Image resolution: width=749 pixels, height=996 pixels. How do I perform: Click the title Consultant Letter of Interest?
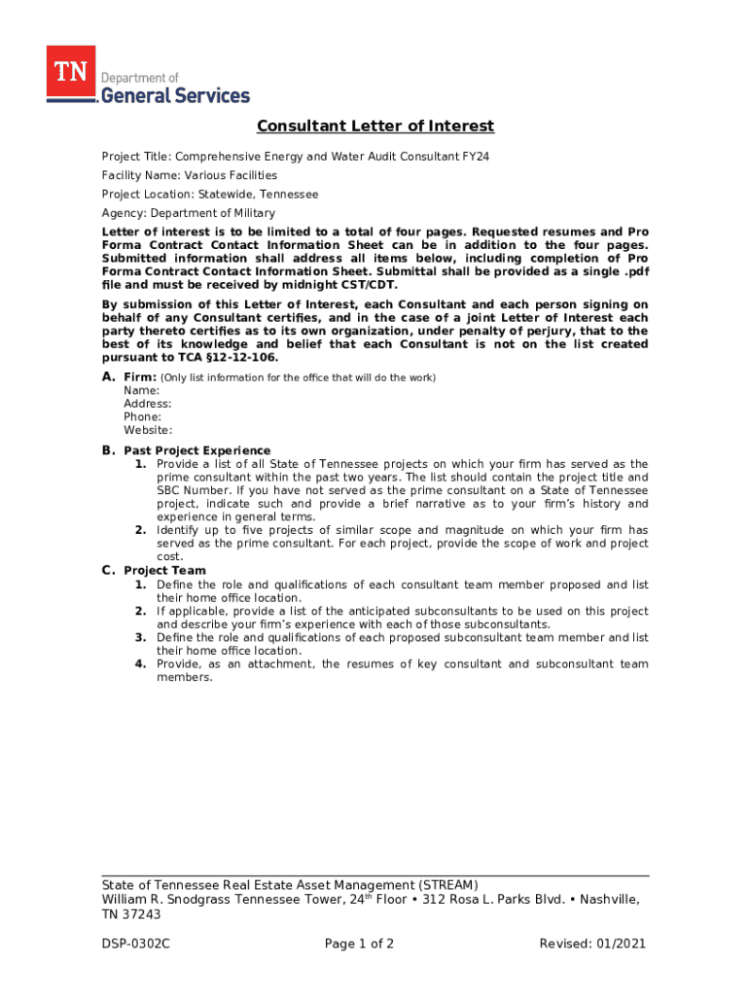coord(375,126)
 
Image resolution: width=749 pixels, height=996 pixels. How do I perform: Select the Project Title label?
coord(135,157)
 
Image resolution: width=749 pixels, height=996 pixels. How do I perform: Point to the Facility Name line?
coord(190,175)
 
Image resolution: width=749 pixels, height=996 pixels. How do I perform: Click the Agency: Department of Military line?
coord(189,213)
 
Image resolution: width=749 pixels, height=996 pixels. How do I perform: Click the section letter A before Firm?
coord(109,377)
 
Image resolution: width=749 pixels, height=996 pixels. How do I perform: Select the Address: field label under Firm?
coord(148,404)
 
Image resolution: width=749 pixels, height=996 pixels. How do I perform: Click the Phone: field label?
coord(143,416)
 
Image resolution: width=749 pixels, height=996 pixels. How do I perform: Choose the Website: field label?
coord(148,430)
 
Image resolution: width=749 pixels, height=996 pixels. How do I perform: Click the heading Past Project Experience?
coord(197,451)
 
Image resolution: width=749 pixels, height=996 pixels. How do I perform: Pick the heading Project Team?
coord(164,571)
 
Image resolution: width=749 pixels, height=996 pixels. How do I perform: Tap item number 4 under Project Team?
coord(141,664)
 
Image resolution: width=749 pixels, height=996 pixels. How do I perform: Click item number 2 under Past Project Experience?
coord(141,530)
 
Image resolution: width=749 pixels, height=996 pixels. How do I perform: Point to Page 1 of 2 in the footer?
coord(359,943)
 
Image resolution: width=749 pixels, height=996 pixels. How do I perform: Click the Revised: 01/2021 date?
coord(592,943)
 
